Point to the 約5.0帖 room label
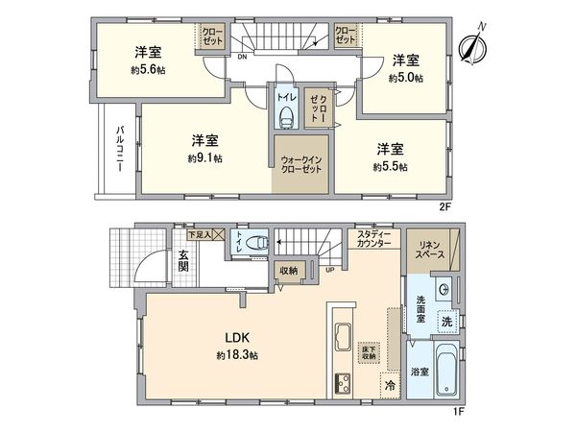click(406, 78)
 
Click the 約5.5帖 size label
click(390, 166)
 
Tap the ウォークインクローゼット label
click(300, 165)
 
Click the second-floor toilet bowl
click(286, 118)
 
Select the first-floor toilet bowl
click(252, 245)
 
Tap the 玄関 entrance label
click(182, 260)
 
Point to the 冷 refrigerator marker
click(390, 385)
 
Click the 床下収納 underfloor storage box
click(369, 352)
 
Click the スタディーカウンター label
click(373, 240)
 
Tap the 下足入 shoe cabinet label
click(200, 233)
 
